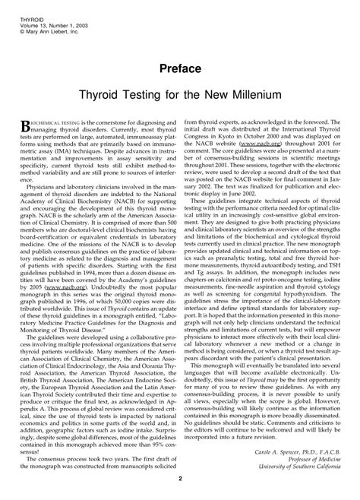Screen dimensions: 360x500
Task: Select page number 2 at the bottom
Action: click(x=180, y=478)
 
